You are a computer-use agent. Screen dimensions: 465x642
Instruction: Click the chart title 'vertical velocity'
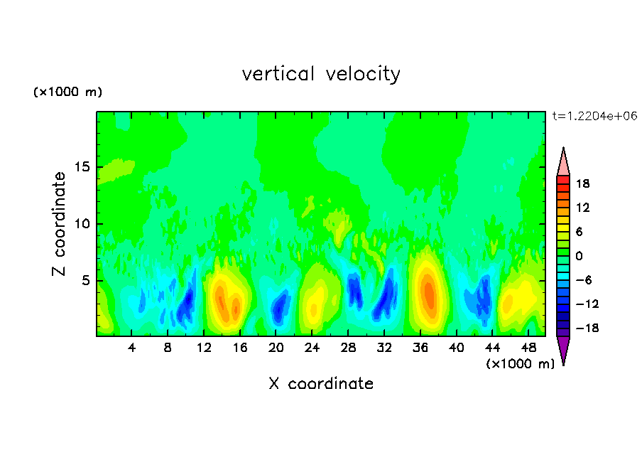point(321,74)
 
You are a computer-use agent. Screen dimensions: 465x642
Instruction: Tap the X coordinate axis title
point(321,384)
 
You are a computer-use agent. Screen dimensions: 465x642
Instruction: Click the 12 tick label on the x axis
point(205,348)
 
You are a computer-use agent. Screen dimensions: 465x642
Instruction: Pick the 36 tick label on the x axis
point(421,348)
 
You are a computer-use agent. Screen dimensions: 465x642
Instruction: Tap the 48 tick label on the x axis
point(529,348)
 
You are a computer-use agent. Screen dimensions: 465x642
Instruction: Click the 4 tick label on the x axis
point(132,348)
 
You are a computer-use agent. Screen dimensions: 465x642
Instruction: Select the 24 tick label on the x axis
point(312,348)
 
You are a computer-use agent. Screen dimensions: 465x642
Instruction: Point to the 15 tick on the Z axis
point(84,168)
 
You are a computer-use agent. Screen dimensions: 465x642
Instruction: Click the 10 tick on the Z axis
point(84,224)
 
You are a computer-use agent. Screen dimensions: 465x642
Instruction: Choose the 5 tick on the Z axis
point(87,281)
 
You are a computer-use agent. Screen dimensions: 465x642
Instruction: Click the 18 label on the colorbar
point(584,183)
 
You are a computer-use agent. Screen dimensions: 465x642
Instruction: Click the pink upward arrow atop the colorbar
point(563,162)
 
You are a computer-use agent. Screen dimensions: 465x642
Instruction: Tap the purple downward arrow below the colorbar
point(563,349)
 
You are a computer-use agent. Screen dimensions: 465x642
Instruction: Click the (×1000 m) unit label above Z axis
point(68,92)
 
